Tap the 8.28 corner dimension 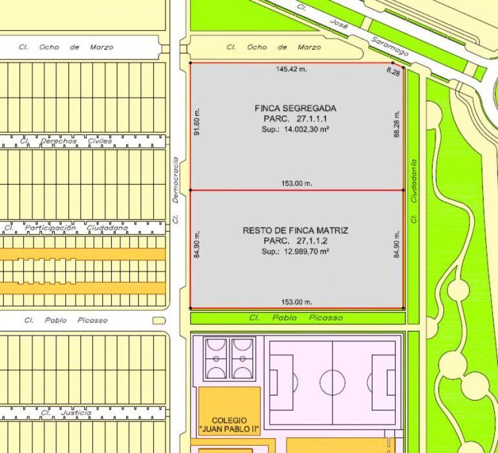tap(393, 72)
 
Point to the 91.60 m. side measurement tap(197, 122)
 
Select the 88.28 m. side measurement tap(397, 123)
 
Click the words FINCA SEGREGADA tap(295, 109)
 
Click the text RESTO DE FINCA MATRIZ tap(295, 230)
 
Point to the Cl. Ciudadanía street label tap(414, 191)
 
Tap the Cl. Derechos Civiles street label tap(65, 141)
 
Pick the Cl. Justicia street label tap(65, 413)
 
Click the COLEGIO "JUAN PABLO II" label tap(229, 425)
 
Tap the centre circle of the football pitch tap(332, 378)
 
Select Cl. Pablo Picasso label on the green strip tap(296, 318)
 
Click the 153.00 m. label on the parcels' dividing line tap(296, 184)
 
